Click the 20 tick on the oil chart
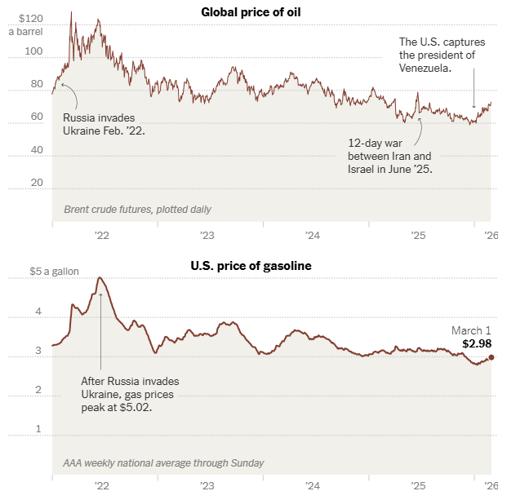pyautogui.click(x=36, y=183)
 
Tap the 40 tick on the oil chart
pyautogui.click(x=36, y=150)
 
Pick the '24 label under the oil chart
pyautogui.click(x=313, y=235)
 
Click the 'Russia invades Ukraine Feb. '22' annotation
pyautogui.click(x=104, y=123)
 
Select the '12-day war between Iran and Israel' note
pyautogui.click(x=389, y=155)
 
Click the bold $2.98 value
pyautogui.click(x=478, y=344)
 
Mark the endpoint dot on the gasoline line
pyautogui.click(x=491, y=357)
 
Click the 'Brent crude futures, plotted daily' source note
pyautogui.click(x=137, y=210)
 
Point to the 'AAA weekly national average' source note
pyautogui.click(x=163, y=463)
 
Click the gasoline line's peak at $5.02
pyautogui.click(x=100, y=278)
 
